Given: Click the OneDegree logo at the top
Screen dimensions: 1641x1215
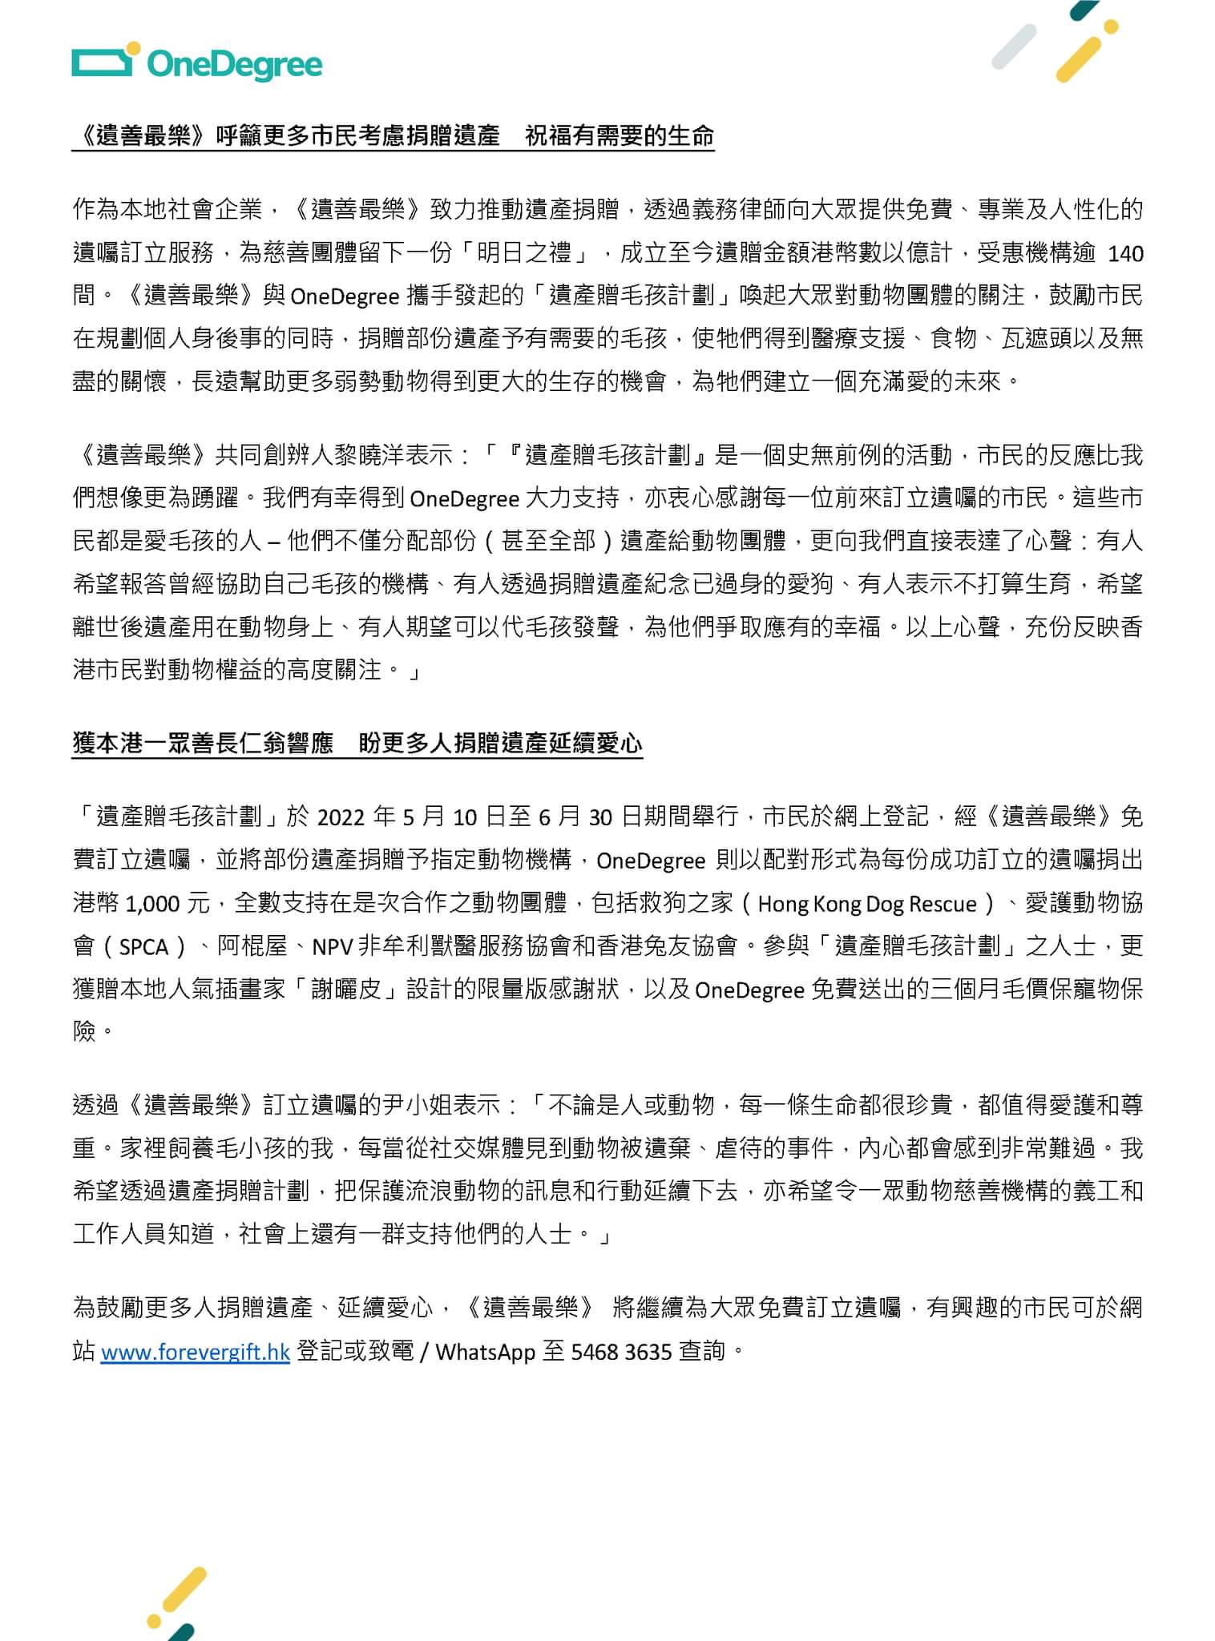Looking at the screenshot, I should coord(197,64).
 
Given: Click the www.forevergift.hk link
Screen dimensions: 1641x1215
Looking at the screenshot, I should coord(195,1353).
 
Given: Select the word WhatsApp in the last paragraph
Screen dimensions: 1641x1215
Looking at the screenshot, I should coord(485,1353).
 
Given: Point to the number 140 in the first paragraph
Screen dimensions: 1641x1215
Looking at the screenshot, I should coord(1125,254).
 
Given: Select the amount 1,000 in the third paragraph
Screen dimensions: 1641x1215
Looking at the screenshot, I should coord(152,904).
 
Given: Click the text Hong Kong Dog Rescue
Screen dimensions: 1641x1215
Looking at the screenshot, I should coord(867,904).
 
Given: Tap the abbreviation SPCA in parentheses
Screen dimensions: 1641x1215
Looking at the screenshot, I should coord(143,947).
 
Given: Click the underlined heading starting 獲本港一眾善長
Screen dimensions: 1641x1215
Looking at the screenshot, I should coord(357,744).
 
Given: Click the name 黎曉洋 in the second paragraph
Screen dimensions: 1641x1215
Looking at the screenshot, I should coord(370,456).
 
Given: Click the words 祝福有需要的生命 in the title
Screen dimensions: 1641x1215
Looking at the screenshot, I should coord(619,136).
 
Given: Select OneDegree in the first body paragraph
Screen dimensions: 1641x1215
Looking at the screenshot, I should coord(345,297).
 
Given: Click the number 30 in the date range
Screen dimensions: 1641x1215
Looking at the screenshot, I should coord(600,817).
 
